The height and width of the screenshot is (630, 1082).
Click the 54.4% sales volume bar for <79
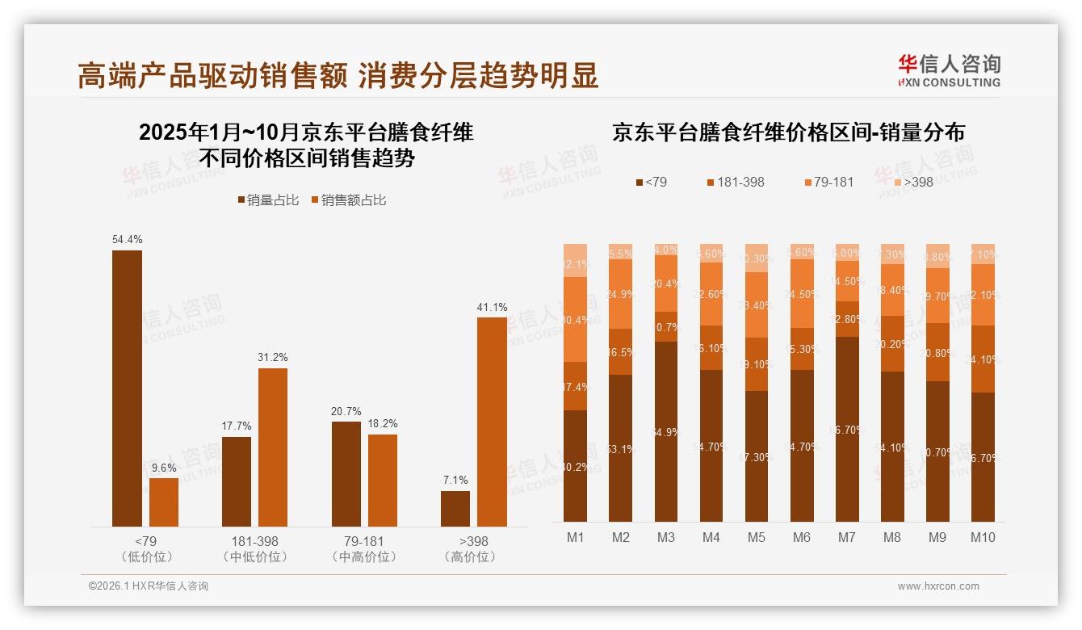pos(127,388)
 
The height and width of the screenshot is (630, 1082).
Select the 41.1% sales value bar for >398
pos(492,422)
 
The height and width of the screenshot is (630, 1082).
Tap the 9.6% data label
pos(164,468)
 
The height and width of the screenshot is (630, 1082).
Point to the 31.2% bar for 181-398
pos(273,447)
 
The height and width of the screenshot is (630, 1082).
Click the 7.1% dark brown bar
pos(455,509)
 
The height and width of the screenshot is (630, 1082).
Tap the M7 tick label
pos(846,537)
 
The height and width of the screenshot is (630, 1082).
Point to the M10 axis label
pos(983,537)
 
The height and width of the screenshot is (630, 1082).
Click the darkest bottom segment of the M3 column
pos(666,432)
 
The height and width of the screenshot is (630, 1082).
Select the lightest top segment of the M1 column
pos(576,260)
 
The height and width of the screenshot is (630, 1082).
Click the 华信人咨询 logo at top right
pos(949,70)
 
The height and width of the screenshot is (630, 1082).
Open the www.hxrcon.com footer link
pos(938,586)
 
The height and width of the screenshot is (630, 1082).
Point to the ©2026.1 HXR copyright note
pos(149,586)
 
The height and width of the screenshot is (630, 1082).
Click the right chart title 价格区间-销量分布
pos(788,132)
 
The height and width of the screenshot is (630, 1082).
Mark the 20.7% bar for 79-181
pos(346,474)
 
